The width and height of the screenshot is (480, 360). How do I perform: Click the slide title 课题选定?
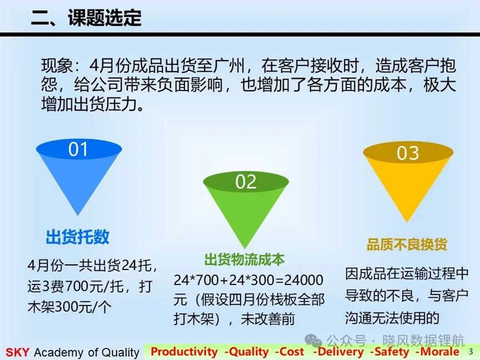tap(104, 17)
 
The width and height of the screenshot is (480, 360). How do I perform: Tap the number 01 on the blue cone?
tap(78, 149)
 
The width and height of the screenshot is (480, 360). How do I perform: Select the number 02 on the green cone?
tap(246, 182)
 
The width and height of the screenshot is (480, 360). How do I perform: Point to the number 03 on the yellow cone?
tap(408, 153)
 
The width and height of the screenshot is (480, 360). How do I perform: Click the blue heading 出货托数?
tap(77, 237)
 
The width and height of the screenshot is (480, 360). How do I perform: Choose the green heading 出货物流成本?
tap(244, 259)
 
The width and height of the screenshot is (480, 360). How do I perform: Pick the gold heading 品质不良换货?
tap(407, 244)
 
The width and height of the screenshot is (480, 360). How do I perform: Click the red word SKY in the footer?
tap(17, 352)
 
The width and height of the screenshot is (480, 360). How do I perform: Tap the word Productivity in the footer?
tap(184, 352)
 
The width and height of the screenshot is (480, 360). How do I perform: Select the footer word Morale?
tap(439, 352)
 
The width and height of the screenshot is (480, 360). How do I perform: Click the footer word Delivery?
tap(341, 352)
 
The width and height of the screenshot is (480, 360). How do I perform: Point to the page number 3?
tap(471, 352)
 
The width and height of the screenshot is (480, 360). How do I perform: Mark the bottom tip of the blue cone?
tap(78, 215)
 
